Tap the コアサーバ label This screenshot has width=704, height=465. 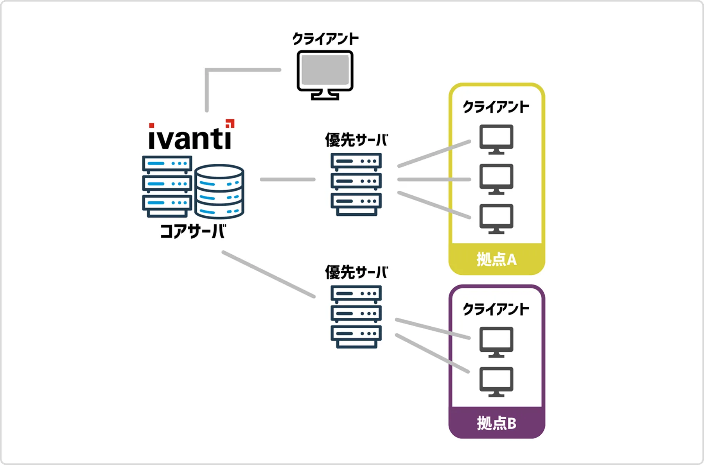[193, 231]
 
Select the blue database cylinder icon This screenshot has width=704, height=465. [219, 191]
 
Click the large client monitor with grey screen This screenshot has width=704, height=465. [325, 74]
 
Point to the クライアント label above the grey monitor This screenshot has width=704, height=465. [325, 39]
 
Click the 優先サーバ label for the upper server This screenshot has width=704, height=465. [356, 140]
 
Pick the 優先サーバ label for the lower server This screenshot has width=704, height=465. [356, 272]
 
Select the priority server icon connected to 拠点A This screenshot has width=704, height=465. [356, 184]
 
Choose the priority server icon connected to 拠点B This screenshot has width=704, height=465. [356, 317]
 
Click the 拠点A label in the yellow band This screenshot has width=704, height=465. [496, 259]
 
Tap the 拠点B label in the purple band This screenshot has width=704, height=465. [496, 423]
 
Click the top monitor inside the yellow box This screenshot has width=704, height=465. [496, 139]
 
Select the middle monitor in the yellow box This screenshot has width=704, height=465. [496, 179]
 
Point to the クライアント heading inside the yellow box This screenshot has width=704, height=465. [496, 107]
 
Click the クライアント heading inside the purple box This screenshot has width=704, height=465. [496, 309]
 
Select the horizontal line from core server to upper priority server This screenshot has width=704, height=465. [287, 179]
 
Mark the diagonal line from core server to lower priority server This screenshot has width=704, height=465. [268, 274]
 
